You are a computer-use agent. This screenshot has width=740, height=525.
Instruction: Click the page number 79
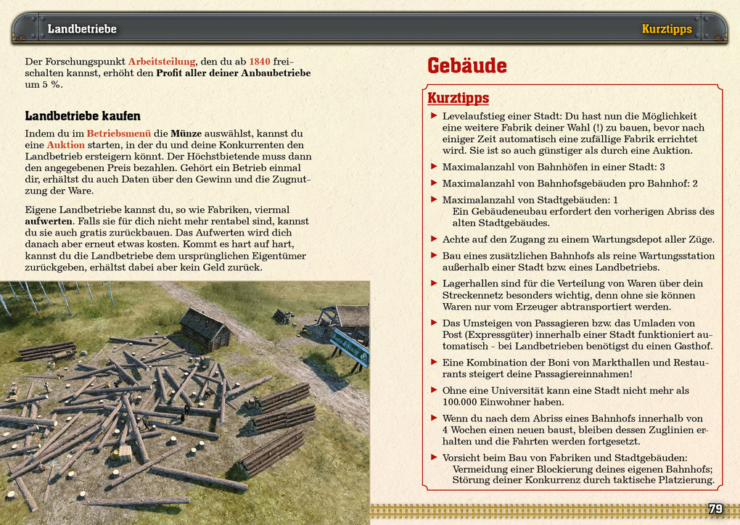coord(715,509)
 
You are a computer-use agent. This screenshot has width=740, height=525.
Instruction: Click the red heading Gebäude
coord(466,66)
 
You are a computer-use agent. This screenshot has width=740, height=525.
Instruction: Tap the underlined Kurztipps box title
coord(458,98)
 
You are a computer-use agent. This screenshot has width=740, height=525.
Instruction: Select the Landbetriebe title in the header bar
coord(82,29)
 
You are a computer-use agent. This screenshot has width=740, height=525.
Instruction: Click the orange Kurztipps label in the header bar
coord(667,29)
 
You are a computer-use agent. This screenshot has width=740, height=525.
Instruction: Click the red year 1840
coord(260,62)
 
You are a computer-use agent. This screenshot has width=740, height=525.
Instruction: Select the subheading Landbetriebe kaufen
coord(83,116)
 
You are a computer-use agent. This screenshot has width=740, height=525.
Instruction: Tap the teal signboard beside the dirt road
coord(350,347)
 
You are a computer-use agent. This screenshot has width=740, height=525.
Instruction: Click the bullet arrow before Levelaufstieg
coord(434,116)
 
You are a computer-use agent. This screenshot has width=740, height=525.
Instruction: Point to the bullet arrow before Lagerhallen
coord(434,284)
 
